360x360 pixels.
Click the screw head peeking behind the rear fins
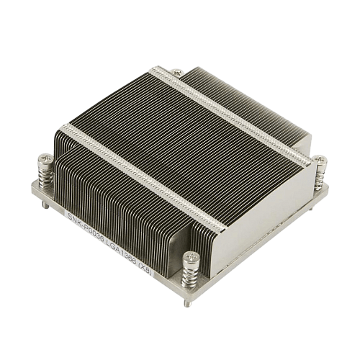pos(177,71)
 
